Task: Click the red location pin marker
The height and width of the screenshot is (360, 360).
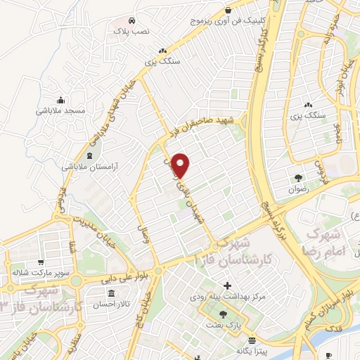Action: (x=181, y=165)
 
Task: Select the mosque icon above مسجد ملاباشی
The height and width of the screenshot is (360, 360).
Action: (x=61, y=100)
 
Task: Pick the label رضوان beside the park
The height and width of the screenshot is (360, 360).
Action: (x=299, y=189)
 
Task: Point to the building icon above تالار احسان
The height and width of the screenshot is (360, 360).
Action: (x=110, y=292)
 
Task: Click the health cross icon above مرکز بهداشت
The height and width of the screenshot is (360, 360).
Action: (x=227, y=286)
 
